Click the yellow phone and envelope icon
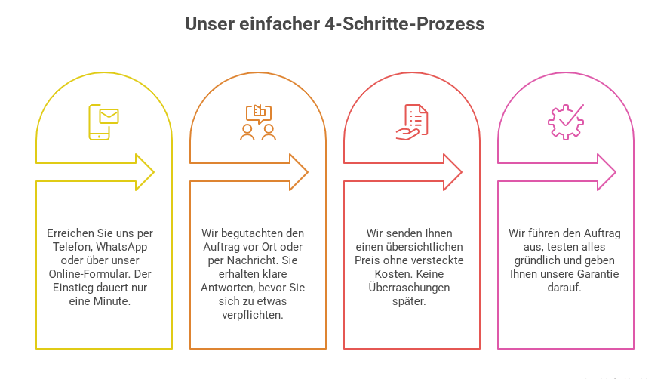point(103,122)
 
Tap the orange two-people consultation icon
point(258,122)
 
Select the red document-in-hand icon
point(412,122)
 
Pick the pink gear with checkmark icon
point(566,122)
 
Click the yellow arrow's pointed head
point(153,172)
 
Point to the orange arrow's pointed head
point(307,172)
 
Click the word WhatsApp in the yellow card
point(121,247)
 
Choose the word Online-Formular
point(82,274)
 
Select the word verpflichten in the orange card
point(253,315)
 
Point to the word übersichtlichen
point(428,247)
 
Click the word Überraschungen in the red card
point(409,288)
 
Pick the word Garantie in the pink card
point(598,274)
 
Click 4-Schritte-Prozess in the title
point(404,24)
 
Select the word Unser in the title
point(210,24)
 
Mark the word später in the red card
point(409,301)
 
